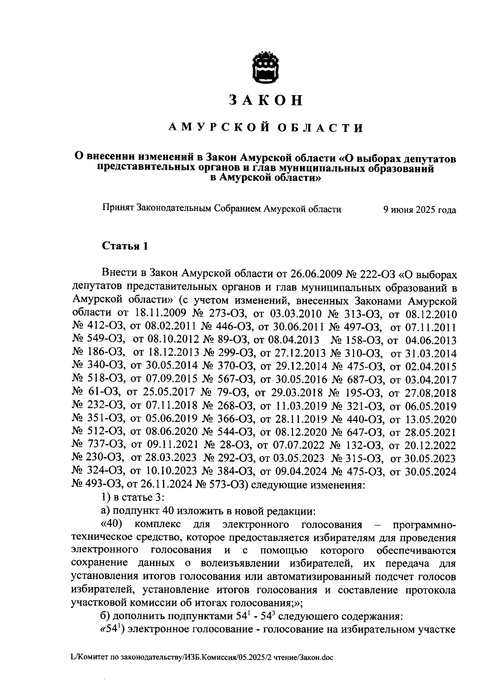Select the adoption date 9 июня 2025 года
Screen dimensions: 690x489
point(419,210)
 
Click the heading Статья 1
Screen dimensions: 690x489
point(124,246)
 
